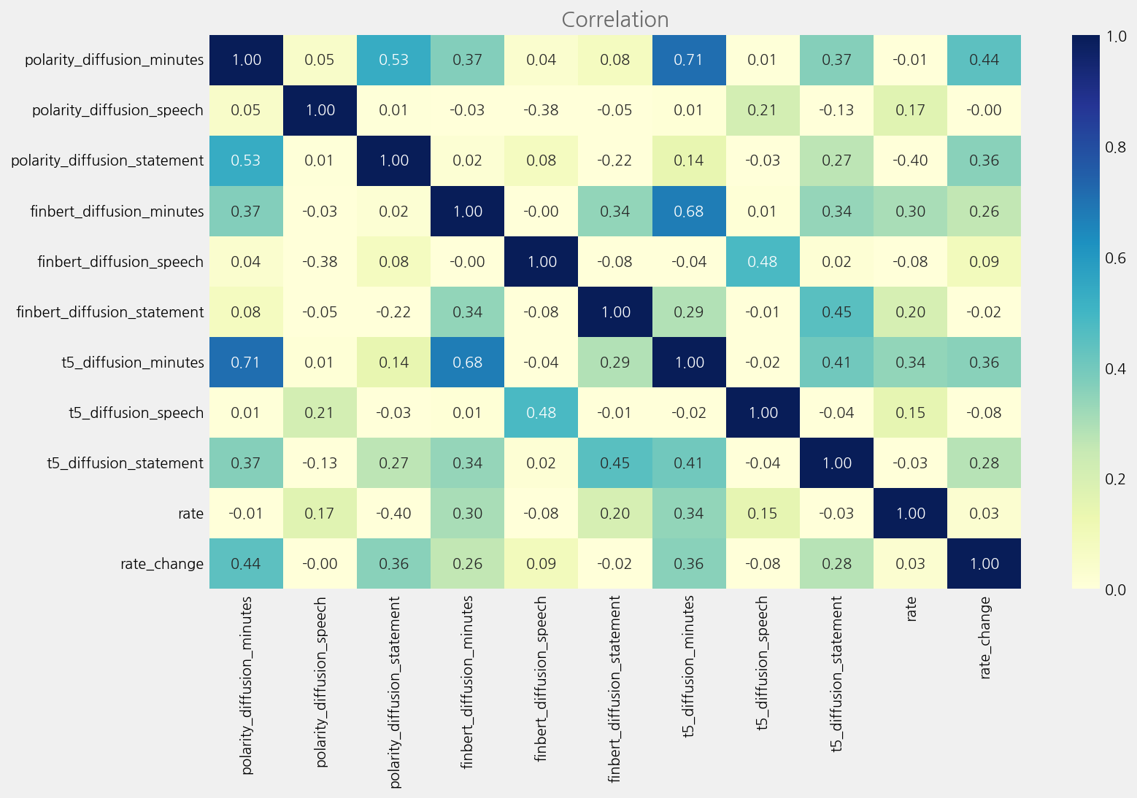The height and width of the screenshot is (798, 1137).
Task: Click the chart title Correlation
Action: point(614,20)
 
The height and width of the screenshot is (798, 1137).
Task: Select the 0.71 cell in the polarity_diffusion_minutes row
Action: point(688,60)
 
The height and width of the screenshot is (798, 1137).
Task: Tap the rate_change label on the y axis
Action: point(162,564)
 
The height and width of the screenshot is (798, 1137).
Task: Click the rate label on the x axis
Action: point(911,609)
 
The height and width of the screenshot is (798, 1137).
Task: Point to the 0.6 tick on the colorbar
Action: point(1115,257)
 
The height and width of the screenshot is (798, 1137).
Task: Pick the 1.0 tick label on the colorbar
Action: point(1115,36)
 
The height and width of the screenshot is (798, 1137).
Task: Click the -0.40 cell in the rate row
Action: point(393,514)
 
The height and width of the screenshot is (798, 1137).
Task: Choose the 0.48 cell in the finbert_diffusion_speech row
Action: point(763,262)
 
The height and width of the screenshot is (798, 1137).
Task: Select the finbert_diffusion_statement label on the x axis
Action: point(614,689)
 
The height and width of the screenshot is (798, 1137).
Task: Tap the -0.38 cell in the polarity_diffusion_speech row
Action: point(541,110)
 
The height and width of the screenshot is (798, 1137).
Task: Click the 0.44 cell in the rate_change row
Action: point(246,564)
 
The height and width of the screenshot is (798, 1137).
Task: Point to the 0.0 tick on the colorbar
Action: point(1115,589)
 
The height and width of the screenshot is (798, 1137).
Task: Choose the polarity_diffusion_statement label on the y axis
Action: point(107,160)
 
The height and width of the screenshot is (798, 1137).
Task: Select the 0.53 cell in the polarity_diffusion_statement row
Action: point(246,160)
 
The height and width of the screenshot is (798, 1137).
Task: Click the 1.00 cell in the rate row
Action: point(911,514)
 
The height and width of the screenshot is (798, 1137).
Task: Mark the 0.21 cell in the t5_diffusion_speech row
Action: point(320,413)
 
